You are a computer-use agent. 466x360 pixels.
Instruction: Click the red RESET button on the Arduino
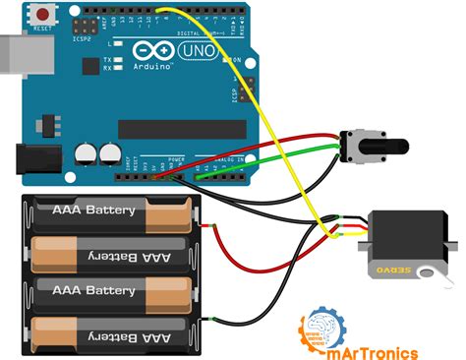tap(44, 15)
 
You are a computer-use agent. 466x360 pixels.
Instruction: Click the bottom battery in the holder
tap(108, 334)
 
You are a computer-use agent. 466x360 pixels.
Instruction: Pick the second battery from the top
tap(108, 255)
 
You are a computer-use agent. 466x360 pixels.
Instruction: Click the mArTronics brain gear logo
tap(321, 329)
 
